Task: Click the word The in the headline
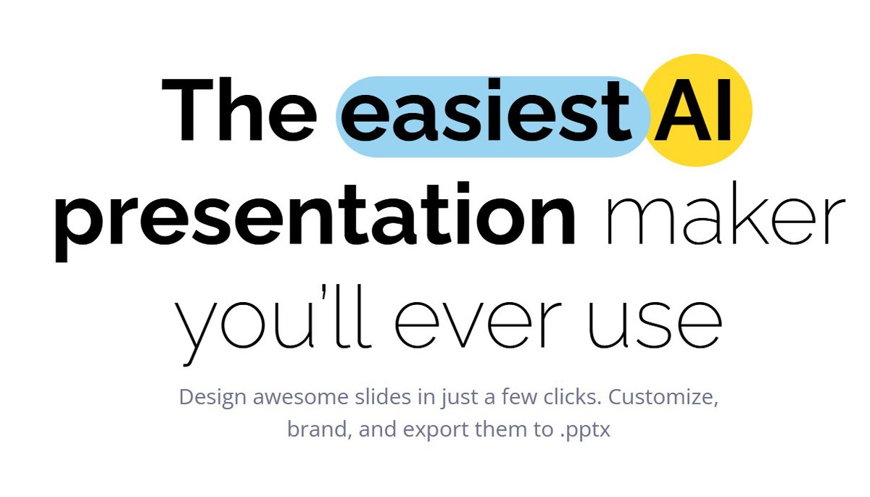(239, 109)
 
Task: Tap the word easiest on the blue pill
(486, 110)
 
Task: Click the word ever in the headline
(478, 324)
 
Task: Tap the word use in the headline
(655, 325)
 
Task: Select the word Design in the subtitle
(212, 398)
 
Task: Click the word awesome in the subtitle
(301, 398)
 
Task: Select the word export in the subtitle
(436, 430)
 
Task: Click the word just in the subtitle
(460, 398)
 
